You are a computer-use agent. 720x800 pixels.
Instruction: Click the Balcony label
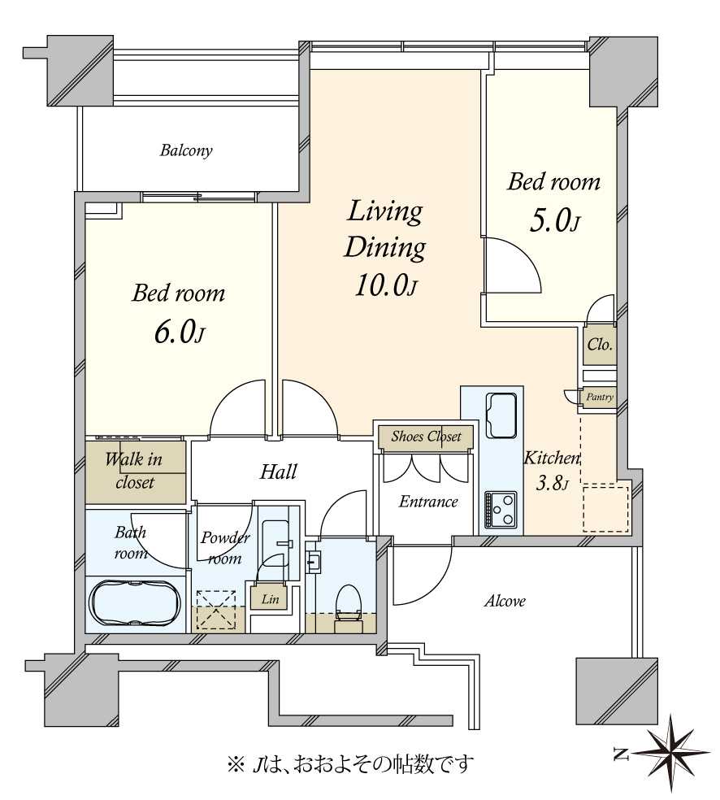point(185,150)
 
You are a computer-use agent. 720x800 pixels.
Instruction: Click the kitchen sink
point(501,415)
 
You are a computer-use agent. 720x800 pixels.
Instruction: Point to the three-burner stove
point(501,510)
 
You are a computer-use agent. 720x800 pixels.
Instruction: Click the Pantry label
point(599,397)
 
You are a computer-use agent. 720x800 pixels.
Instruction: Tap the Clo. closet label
point(600,345)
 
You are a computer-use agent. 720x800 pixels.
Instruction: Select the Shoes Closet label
point(426,437)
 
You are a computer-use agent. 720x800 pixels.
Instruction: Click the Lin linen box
point(270,598)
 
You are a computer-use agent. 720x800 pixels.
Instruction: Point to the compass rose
point(670,753)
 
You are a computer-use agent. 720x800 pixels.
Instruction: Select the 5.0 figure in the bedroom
point(549,221)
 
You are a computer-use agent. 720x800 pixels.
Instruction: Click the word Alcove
point(505,601)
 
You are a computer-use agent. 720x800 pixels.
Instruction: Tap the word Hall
point(279,472)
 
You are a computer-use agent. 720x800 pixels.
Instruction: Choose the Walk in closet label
point(133,471)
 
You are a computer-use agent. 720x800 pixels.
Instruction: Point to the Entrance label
point(427,502)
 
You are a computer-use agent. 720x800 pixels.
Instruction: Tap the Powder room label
point(225,547)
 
